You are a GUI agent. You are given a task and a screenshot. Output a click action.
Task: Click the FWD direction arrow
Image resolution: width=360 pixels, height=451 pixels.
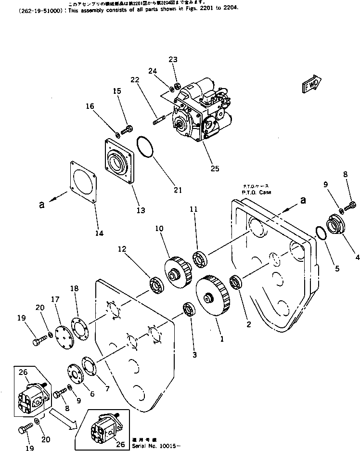312,84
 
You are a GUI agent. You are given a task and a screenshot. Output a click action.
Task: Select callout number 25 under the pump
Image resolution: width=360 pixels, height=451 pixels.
214,168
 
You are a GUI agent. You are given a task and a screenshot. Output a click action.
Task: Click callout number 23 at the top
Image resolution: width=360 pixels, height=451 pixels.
173,60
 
